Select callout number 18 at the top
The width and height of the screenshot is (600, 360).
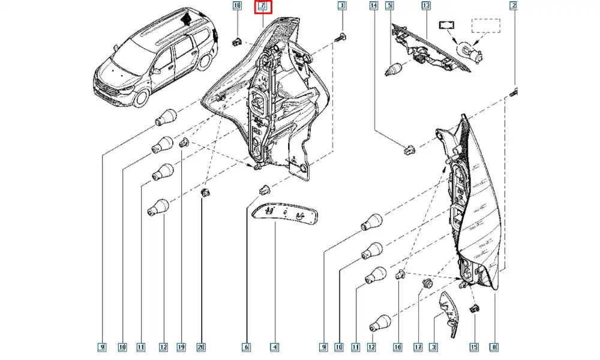coord(236,7)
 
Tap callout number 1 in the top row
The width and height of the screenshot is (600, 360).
coord(341,7)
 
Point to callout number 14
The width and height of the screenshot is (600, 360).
coord(374,7)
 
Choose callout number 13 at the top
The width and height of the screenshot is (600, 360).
coord(426,7)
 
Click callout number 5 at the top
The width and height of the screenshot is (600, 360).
coord(389,7)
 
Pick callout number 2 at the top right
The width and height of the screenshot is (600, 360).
coord(514,7)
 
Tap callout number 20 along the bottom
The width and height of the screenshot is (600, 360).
coord(201,346)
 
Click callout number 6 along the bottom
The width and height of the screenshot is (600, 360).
coord(246,346)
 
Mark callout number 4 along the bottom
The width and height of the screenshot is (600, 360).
coord(274,346)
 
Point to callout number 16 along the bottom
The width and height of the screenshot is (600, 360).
coord(397,346)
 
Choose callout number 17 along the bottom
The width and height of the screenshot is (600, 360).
coord(418,346)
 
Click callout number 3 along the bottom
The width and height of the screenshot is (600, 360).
coord(434,346)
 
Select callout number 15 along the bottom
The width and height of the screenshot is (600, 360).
coord(473,346)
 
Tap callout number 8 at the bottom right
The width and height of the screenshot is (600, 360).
coord(493,346)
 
